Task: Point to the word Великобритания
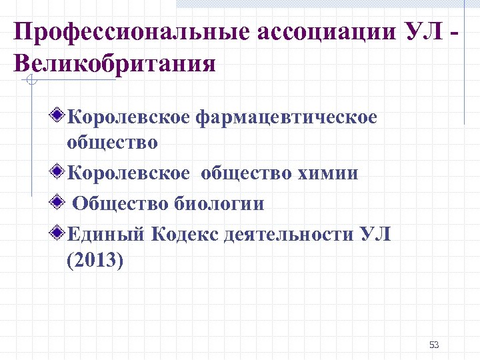114,64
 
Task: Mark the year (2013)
95,259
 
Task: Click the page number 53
434,345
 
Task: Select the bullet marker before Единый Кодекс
59,233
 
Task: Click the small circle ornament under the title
31,81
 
